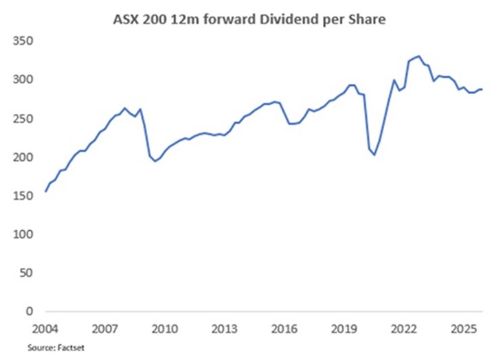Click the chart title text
click(249, 21)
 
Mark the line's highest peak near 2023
click(419, 56)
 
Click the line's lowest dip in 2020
click(374, 155)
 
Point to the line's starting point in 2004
click(45, 192)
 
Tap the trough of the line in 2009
click(155, 161)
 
